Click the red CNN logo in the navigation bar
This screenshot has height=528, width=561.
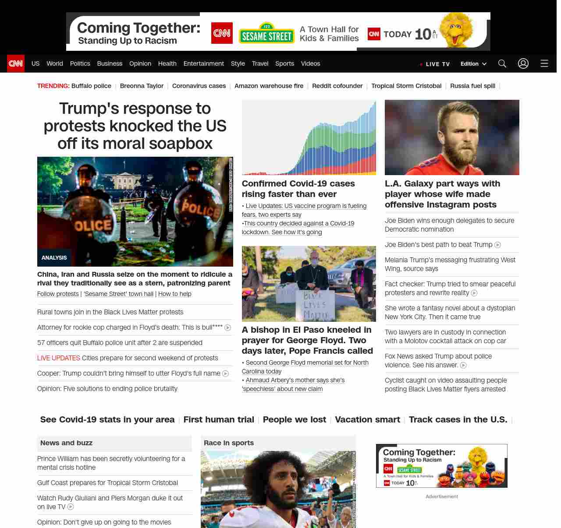point(16,63)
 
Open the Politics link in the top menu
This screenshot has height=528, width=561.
point(80,63)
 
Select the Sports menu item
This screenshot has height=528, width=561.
point(284,63)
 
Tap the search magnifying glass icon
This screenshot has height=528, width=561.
point(502,63)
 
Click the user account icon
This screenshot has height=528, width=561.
point(523,63)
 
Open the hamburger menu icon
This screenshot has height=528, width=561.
point(544,63)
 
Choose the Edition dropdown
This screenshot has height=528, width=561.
point(473,63)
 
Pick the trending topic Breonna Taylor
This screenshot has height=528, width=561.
point(142,86)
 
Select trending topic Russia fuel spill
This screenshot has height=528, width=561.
point(472,86)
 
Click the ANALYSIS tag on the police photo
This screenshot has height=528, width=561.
point(54,257)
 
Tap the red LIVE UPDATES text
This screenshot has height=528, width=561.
point(59,358)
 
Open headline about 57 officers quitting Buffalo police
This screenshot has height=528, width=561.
point(120,343)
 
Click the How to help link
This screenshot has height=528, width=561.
point(174,294)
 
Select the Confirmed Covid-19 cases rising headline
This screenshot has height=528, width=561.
point(298,189)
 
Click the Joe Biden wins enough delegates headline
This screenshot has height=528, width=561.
point(449,225)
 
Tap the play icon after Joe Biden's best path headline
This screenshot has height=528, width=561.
point(497,245)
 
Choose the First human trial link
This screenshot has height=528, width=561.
point(219,419)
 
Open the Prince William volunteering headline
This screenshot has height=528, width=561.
point(111,463)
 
